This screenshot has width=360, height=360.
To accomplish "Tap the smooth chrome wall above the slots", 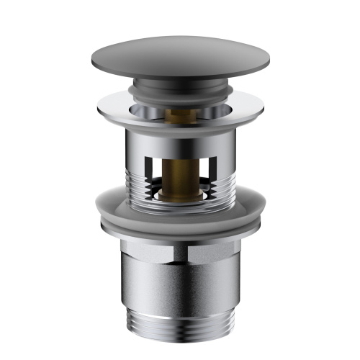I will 180,140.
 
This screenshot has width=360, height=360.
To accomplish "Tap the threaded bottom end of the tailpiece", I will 180,328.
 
